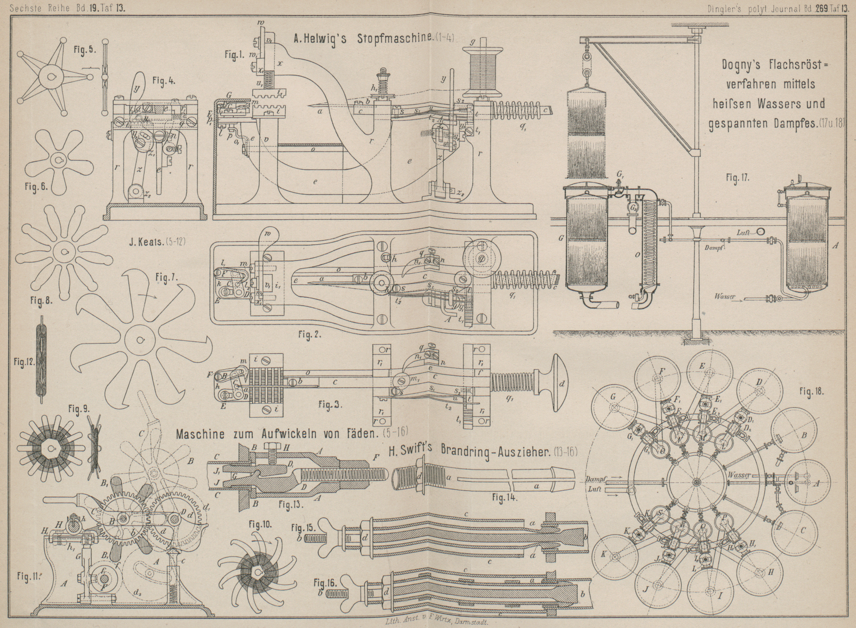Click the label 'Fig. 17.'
click(738, 178)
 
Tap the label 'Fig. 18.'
click(811, 391)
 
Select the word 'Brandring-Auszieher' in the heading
click(495, 451)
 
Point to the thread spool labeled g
click(483, 66)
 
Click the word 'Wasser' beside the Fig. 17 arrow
click(726, 297)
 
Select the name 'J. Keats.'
click(147, 241)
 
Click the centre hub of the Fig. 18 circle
click(696, 482)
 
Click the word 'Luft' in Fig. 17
click(743, 233)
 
